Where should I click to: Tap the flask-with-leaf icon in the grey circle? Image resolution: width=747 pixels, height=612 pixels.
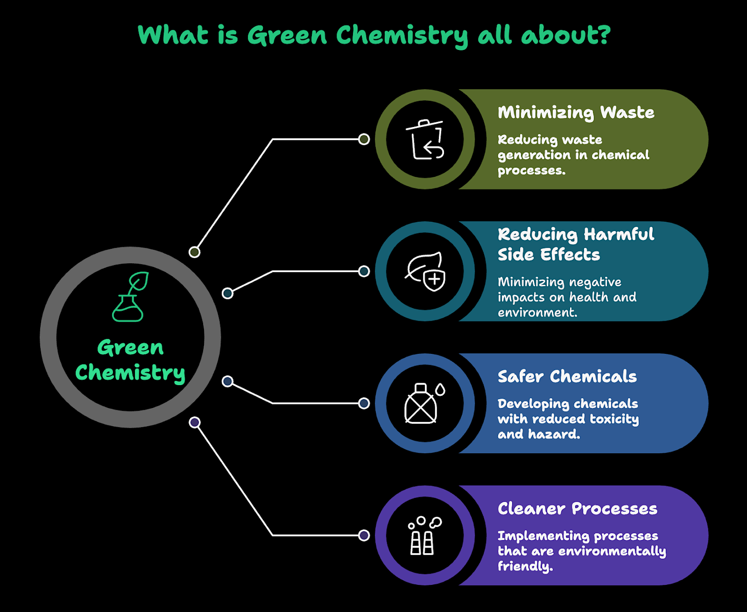coord(130,297)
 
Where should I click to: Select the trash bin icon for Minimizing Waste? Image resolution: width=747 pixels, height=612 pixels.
coord(425,140)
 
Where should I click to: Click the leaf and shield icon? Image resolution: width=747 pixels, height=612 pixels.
coord(425,272)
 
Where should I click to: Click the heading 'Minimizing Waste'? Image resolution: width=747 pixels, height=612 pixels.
coord(576,113)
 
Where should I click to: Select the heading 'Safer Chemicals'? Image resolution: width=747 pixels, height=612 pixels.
coord(567,376)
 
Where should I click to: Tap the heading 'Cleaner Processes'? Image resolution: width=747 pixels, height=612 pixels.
coord(577,508)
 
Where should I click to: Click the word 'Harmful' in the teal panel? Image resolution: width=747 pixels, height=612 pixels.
coord(619,234)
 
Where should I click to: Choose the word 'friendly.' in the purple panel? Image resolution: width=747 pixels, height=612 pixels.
coord(525,566)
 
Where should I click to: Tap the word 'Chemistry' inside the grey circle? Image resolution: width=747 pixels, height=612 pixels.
coord(130,373)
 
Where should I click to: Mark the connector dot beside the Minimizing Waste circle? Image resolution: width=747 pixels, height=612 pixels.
coord(364,139)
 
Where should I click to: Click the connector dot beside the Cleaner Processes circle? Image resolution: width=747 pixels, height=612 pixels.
coord(364,535)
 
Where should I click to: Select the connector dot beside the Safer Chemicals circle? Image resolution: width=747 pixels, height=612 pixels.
coord(364,403)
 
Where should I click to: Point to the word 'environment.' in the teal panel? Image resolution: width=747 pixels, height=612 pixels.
coord(537,312)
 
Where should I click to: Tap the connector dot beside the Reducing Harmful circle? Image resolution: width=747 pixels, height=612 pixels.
coord(364,271)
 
